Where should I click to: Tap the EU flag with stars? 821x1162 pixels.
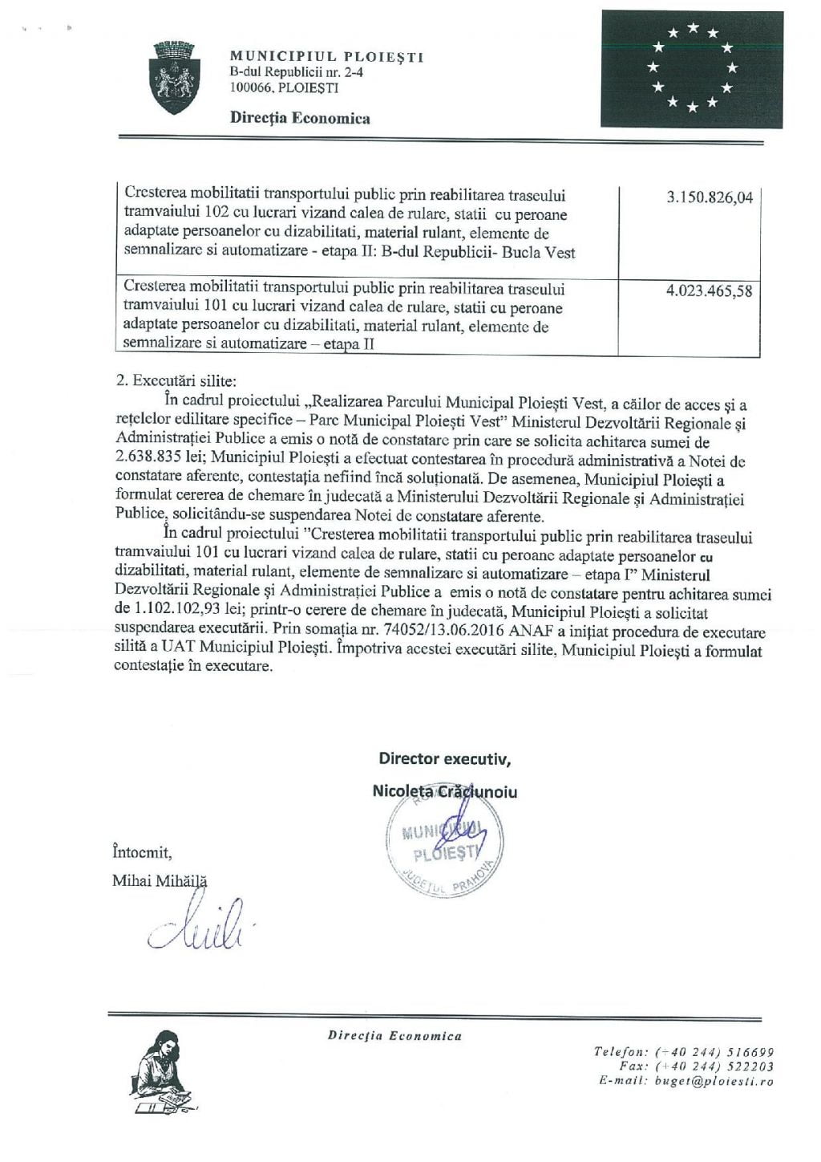pyautogui.click(x=691, y=69)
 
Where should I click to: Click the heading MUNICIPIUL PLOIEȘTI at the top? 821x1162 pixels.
pyautogui.click(x=326, y=57)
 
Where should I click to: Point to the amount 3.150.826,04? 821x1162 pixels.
pyautogui.click(x=710, y=197)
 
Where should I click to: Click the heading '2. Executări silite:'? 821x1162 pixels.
pyautogui.click(x=176, y=381)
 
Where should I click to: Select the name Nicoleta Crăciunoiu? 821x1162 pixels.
pyautogui.click(x=444, y=792)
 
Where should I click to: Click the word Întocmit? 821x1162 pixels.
pyautogui.click(x=142, y=852)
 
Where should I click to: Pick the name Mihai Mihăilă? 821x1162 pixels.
pyautogui.click(x=160, y=881)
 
